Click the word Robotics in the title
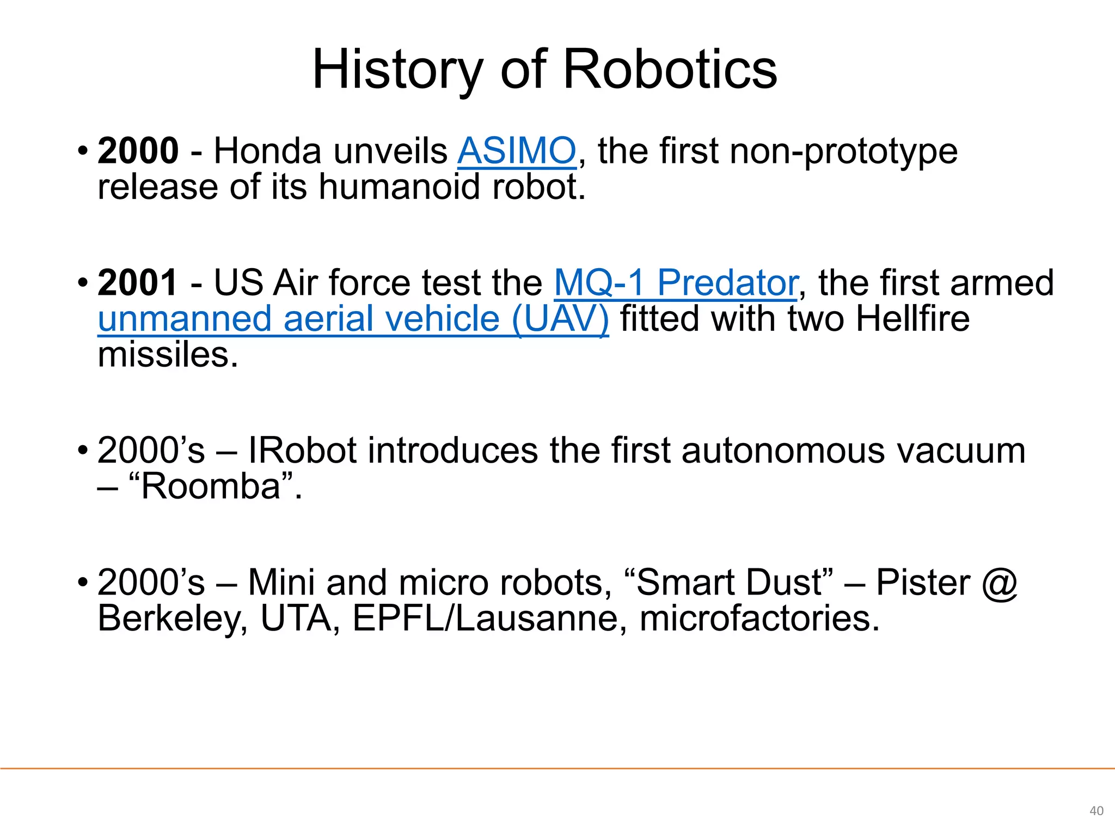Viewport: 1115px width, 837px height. (x=670, y=70)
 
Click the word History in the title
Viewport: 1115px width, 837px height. (x=397, y=70)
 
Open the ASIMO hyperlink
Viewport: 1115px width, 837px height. (x=516, y=151)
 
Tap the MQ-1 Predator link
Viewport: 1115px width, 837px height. (x=676, y=283)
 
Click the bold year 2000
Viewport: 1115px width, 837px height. (x=138, y=151)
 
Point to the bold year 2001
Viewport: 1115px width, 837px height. (x=137, y=283)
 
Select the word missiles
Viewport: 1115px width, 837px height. (x=168, y=355)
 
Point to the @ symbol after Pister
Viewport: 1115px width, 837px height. (x=1000, y=583)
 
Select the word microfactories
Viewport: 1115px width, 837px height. (x=759, y=619)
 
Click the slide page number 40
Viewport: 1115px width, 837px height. (x=1096, y=811)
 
